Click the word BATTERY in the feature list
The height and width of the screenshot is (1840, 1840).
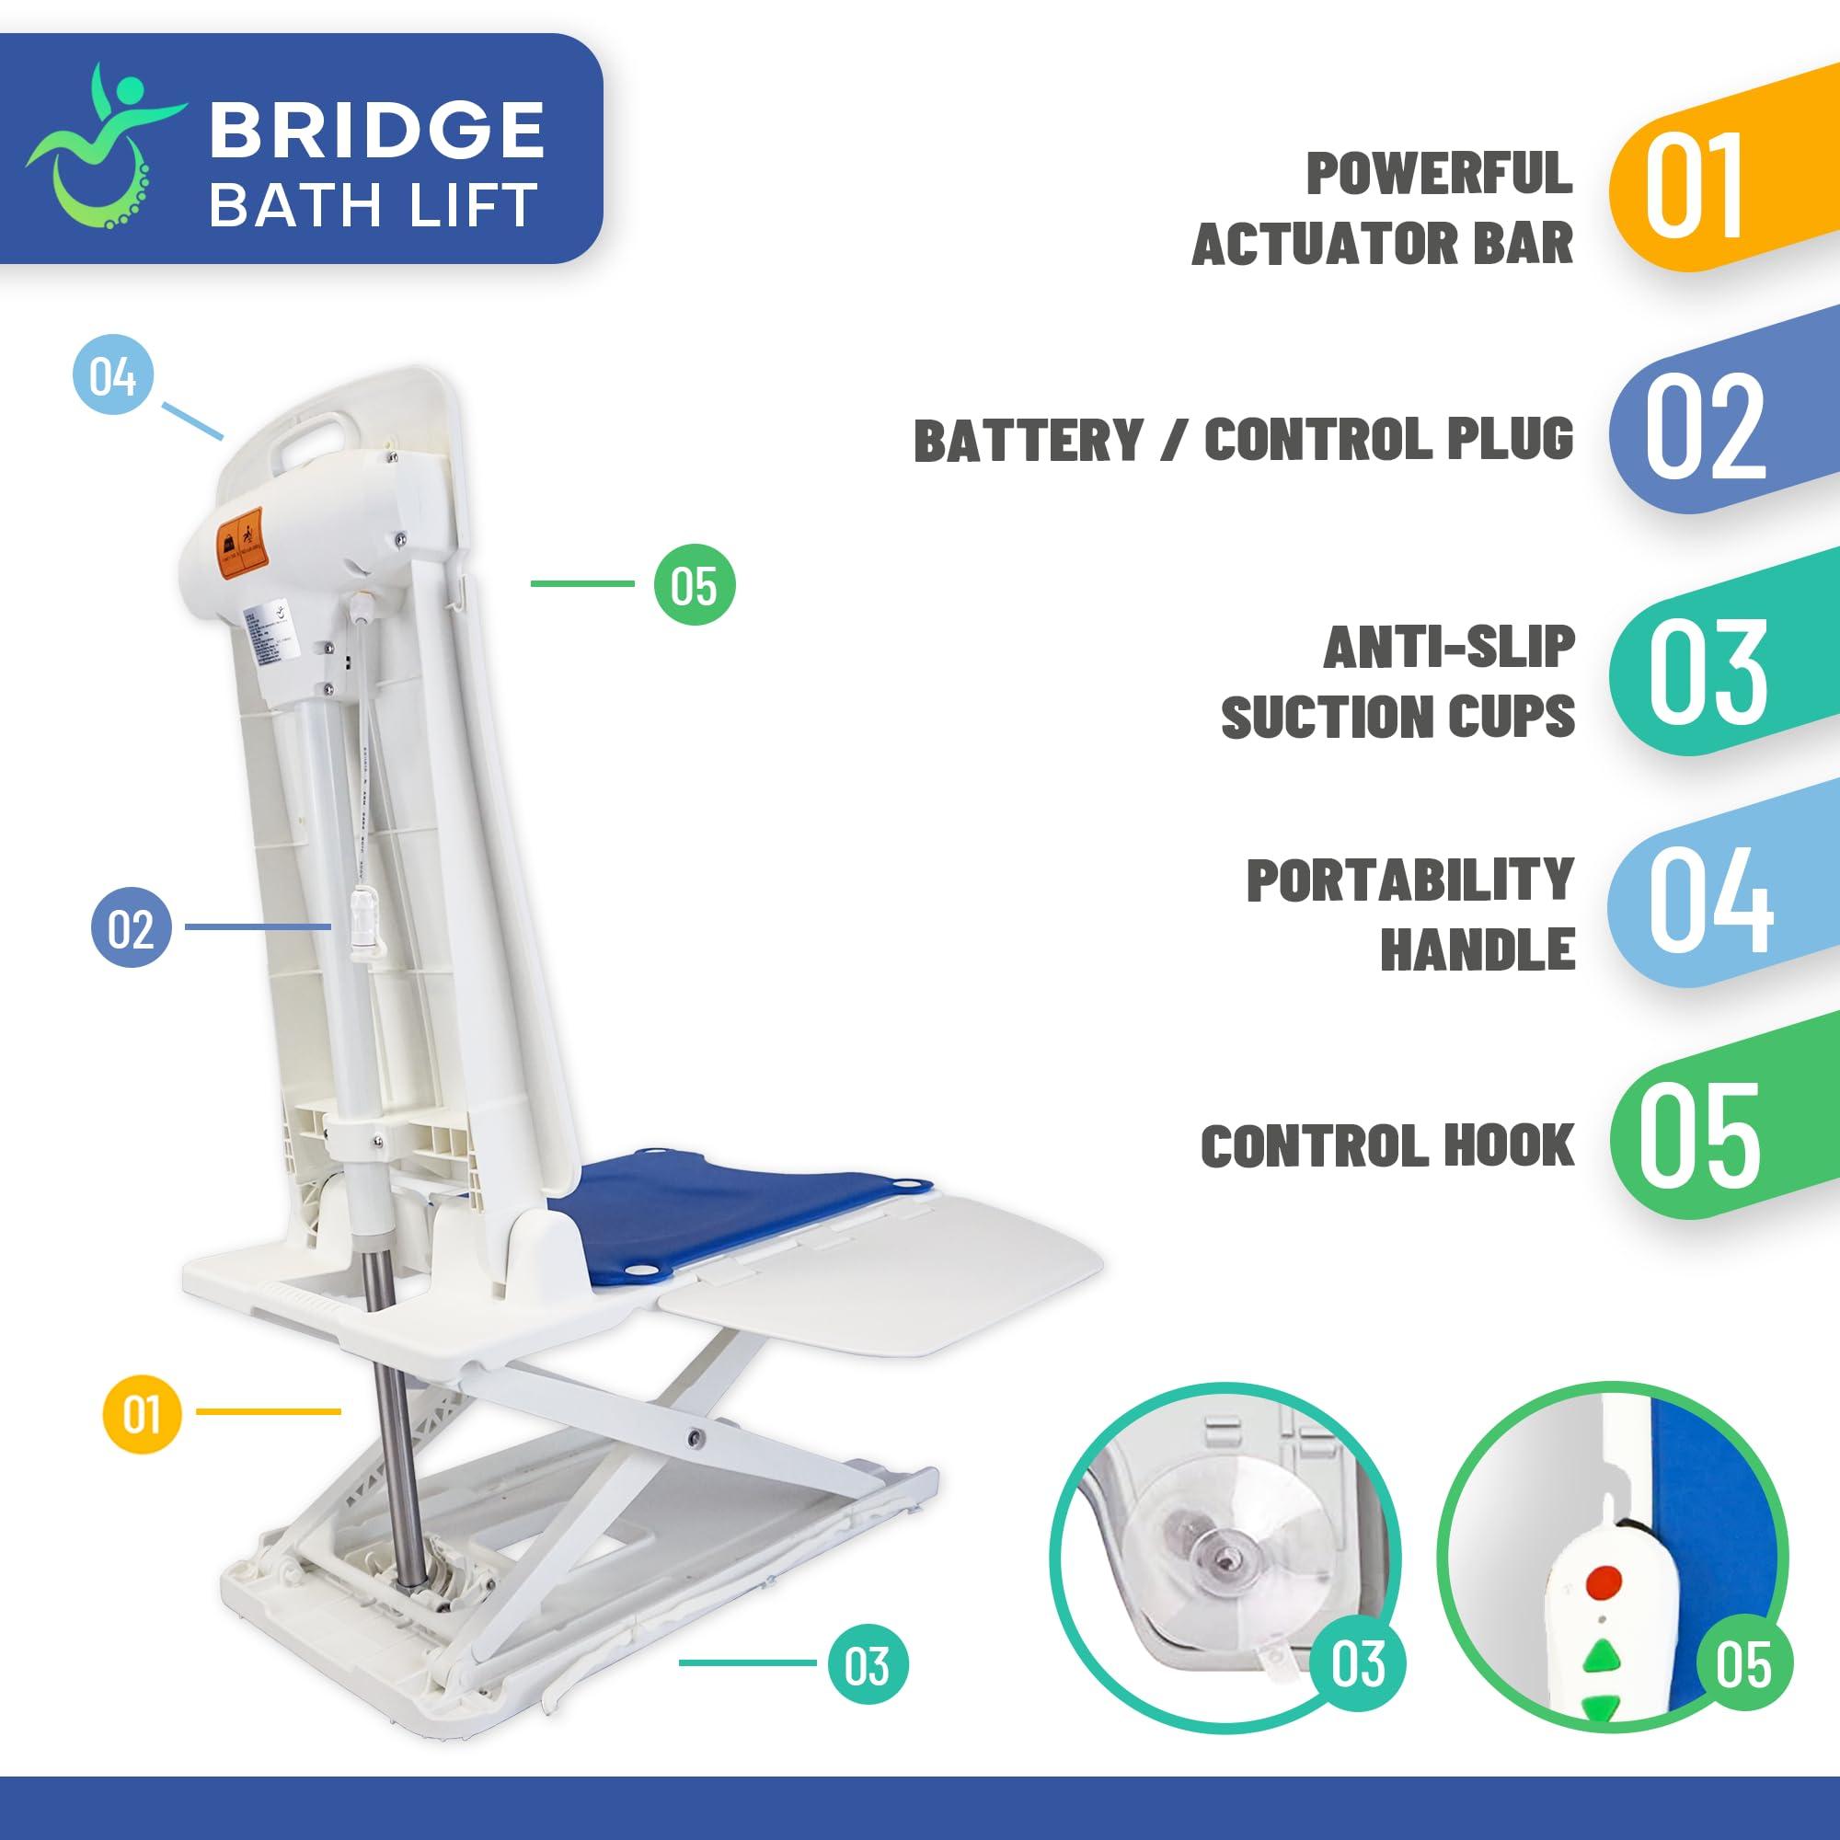pyautogui.click(x=1028, y=441)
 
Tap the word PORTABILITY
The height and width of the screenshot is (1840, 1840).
pyautogui.click(x=1409, y=880)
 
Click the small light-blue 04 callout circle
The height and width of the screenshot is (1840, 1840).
pyautogui.click(x=113, y=375)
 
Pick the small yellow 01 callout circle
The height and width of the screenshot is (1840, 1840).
pyautogui.click(x=141, y=1413)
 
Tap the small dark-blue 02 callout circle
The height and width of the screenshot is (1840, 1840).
pyautogui.click(x=131, y=927)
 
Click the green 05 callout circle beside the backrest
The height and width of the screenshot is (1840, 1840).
pyautogui.click(x=695, y=585)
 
